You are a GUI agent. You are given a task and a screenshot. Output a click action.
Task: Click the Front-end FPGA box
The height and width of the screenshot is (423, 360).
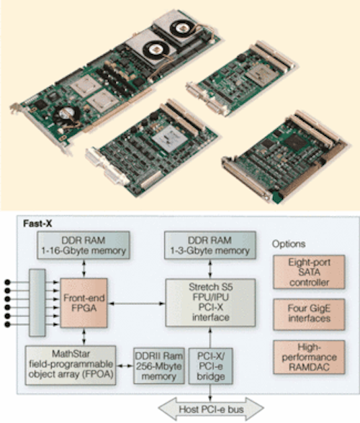point(84,303)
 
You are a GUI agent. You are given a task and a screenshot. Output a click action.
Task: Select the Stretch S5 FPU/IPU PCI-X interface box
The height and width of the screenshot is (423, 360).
point(210,302)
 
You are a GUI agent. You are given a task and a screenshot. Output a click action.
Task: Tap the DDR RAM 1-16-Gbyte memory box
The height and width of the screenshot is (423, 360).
point(84,245)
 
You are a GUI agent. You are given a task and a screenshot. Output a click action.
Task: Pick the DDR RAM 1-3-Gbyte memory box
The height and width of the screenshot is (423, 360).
point(210,245)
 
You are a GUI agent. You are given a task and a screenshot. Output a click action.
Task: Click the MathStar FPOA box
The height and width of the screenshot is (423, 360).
point(71,365)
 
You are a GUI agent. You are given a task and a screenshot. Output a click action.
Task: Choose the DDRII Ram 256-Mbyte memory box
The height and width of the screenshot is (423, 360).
point(159,365)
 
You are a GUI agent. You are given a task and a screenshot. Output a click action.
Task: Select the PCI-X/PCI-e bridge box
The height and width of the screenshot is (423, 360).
point(210,365)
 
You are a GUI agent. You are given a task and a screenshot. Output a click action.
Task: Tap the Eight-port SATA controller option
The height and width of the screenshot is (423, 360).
point(309,272)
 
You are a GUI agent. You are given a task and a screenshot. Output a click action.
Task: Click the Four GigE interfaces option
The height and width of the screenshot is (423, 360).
point(309,314)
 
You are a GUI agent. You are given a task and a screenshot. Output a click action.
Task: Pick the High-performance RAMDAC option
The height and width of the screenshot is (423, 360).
point(309,357)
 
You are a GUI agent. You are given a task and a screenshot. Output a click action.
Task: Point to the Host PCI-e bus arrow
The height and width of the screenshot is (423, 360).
point(211,409)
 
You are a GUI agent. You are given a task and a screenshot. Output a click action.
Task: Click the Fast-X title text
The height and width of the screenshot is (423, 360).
point(37,224)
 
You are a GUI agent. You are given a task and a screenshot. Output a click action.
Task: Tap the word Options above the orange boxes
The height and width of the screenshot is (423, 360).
point(289,244)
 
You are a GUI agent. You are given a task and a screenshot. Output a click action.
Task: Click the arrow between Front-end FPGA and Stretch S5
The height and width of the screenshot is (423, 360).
point(136,304)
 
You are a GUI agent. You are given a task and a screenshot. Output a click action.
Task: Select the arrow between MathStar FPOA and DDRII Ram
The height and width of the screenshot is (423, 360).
point(125,365)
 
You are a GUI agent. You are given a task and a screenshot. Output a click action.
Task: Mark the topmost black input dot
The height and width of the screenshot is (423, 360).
point(7,282)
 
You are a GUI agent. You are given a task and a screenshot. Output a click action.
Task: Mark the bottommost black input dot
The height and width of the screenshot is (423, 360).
point(7,324)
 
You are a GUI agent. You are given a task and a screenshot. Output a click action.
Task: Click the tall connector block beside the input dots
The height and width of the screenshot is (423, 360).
point(37,302)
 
